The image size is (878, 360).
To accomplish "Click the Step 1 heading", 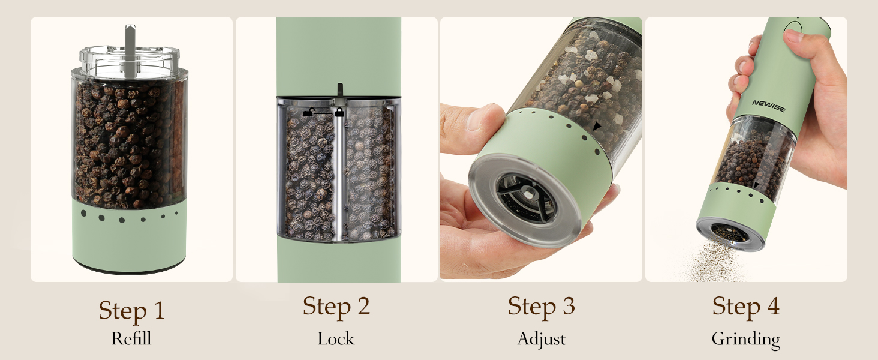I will [131, 311].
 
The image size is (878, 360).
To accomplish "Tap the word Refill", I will [131, 339].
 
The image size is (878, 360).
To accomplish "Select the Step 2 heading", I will [336, 306].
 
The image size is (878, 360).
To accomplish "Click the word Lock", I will [336, 339].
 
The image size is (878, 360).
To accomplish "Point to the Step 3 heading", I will [541, 306].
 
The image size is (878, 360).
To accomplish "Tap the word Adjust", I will [542, 339].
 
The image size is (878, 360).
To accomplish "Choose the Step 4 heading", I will [745, 306].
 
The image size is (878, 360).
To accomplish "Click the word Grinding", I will [745, 340].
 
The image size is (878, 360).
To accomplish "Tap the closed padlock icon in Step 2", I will [339, 112].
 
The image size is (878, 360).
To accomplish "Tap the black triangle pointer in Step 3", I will [597, 127].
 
